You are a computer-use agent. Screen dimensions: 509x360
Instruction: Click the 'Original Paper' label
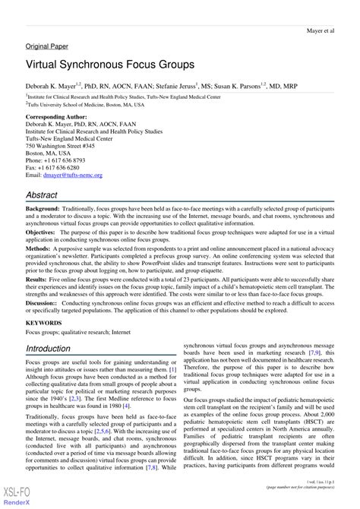(48, 46)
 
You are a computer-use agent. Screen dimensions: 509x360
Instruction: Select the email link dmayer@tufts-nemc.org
(77, 175)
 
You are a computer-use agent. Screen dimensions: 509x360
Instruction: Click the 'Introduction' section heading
(58, 349)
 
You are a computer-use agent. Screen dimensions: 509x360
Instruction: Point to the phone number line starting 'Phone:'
(56, 161)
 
